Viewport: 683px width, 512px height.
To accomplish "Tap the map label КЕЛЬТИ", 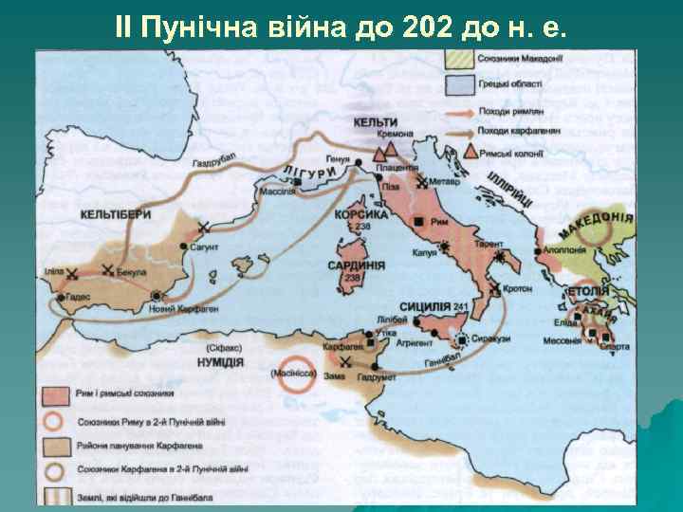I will point(377,122).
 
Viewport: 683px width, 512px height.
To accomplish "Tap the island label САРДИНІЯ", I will point(356,265).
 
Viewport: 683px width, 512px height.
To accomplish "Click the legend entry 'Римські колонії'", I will point(518,153).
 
